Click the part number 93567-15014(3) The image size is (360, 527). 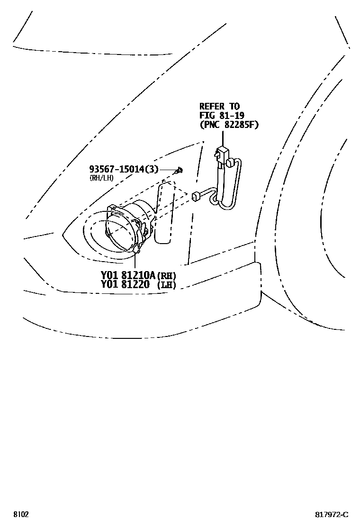tap(124, 169)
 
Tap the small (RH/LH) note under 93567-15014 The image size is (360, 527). tap(101, 178)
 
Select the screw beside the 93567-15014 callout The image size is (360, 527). tap(180, 170)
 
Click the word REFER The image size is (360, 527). tap(213, 106)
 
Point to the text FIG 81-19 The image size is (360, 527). tap(222, 115)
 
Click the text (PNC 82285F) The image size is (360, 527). tap(229, 125)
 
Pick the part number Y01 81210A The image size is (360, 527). tap(128, 275)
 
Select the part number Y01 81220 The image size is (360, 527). tap(125, 284)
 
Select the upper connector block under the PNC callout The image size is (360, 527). tap(222, 154)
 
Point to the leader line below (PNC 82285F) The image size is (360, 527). tap(222, 137)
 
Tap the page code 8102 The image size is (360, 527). tap(20, 514)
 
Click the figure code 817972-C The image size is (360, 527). tap(332, 515)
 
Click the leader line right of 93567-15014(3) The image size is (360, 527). tap(168, 169)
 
